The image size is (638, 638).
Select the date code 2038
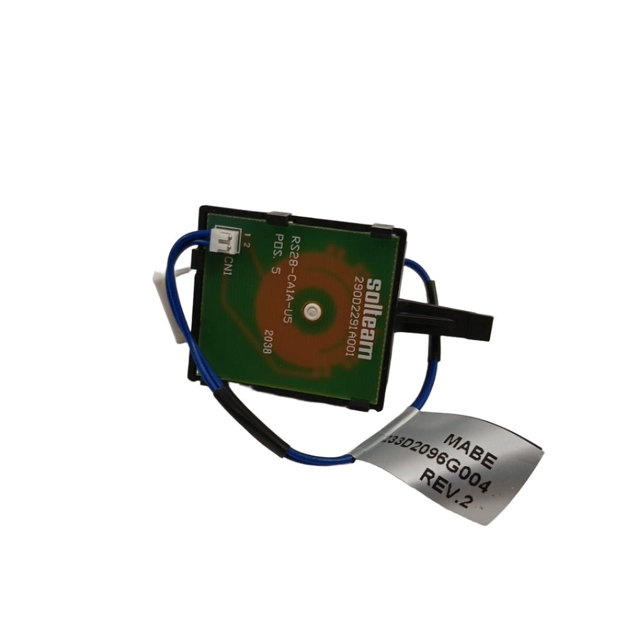[268, 342]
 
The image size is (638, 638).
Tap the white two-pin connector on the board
[222, 240]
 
